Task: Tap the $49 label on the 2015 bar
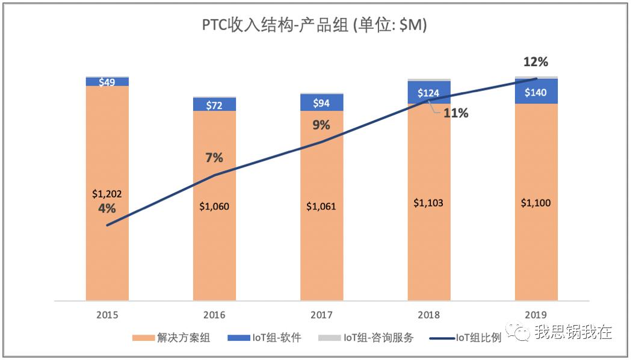point(107,82)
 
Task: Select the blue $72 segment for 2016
point(214,105)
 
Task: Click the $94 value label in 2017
point(321,103)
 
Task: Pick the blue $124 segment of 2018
point(428,93)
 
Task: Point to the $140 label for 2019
point(536,92)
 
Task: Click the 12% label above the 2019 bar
point(536,62)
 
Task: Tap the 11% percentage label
point(455,113)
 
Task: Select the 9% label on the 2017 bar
point(321,125)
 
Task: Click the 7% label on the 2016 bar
point(214,158)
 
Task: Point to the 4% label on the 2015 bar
point(107,208)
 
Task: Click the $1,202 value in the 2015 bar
point(107,194)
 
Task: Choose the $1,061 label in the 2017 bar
point(321,206)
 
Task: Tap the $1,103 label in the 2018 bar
point(428,203)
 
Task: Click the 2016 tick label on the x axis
point(214,315)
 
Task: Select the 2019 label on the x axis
point(536,315)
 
